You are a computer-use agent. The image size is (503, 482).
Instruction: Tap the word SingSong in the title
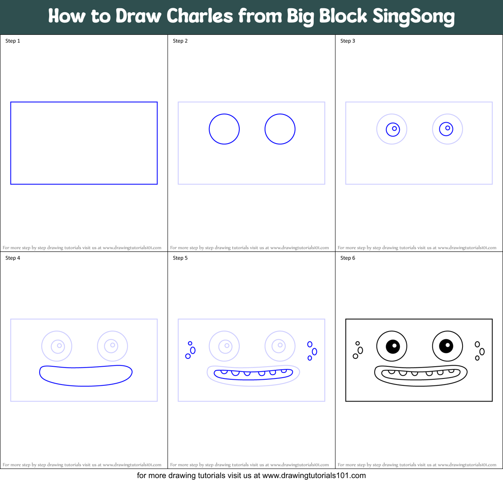point(413,17)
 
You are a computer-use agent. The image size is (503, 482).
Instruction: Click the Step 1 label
point(13,41)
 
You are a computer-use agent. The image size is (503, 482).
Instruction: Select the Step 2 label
point(180,41)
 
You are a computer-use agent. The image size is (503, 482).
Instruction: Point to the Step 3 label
point(348,41)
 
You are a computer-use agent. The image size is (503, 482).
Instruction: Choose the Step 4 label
point(13,258)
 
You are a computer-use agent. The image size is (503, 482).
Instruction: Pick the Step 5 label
point(180,258)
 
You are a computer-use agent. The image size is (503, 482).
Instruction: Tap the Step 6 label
point(348,258)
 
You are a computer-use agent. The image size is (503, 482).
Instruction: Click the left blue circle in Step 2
point(224,129)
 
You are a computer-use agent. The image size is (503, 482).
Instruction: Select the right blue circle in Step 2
point(280,129)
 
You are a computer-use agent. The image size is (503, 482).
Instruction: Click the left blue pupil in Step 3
point(393,129)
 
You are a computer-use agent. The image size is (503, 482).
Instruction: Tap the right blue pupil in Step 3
point(446,129)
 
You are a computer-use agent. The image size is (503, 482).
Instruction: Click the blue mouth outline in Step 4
point(86,375)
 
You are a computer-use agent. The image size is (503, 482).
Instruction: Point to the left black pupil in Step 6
point(393,346)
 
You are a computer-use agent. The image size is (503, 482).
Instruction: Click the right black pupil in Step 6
point(446,346)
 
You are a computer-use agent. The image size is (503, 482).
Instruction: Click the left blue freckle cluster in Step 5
point(190,350)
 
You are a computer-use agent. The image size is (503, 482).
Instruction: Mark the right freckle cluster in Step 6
point(480,351)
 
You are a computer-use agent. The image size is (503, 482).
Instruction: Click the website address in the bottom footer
point(314,475)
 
